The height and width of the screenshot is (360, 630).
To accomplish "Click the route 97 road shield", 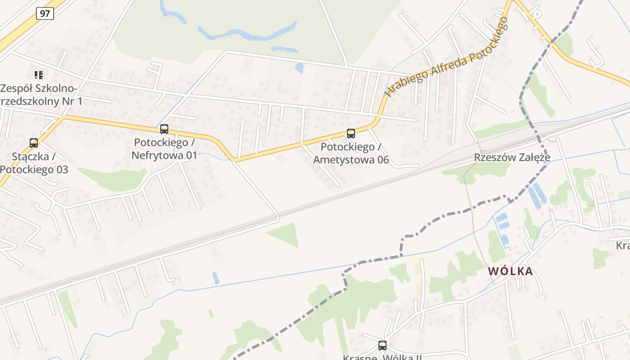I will [45, 13].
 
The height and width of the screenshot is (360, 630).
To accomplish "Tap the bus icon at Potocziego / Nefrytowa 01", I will [164, 129].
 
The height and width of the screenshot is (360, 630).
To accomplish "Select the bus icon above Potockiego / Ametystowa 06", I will [351, 133].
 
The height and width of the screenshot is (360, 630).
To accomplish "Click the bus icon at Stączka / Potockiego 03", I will [34, 143].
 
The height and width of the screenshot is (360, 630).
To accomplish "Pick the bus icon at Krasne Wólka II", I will [382, 346].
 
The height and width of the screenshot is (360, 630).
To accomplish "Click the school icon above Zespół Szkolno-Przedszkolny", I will [39, 75].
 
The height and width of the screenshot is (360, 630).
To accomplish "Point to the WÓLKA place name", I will [510, 271].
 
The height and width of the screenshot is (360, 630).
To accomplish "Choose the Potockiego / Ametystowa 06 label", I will [351, 153].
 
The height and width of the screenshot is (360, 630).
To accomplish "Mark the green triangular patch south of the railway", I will [286, 234].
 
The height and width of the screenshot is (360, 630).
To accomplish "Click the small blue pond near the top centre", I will [299, 68].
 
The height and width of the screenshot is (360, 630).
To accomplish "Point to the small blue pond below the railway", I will [216, 278].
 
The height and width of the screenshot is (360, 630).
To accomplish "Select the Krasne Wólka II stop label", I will [382, 357].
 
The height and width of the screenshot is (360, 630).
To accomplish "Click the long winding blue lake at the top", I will [247, 33].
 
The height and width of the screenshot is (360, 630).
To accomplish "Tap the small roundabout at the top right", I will [536, 13].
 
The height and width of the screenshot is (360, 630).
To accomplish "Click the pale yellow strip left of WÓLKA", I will [418, 270].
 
